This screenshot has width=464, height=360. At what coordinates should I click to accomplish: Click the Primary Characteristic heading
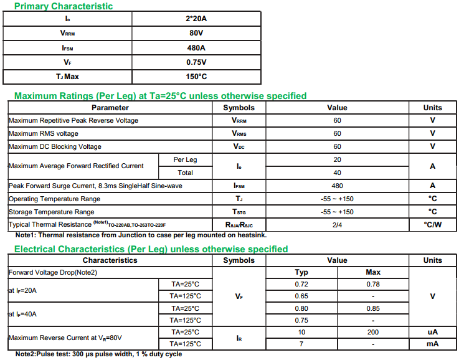pos(64,6)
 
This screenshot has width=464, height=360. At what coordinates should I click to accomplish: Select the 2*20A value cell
pos(196,19)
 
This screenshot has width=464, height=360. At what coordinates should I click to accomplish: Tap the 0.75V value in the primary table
pos(196,62)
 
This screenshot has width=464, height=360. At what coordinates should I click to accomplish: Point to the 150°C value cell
pos(196,77)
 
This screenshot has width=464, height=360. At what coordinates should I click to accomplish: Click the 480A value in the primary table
pos(196,48)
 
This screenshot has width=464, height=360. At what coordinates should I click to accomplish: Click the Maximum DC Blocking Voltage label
pos(55,146)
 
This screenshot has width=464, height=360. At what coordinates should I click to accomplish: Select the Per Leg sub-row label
pos(186,160)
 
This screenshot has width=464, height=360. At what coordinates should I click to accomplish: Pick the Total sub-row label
pos(186,173)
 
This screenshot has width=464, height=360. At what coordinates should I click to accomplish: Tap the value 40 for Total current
pos(337,173)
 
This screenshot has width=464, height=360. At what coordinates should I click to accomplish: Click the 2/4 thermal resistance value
pos(337,224)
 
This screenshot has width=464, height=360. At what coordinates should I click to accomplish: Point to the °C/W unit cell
pos(432,224)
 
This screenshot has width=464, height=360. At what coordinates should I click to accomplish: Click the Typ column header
pos(301,272)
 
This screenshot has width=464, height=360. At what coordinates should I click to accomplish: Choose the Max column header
pos(373,272)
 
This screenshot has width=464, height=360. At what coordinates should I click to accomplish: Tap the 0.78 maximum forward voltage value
pos(373,284)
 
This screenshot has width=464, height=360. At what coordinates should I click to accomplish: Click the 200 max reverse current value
pos(373,332)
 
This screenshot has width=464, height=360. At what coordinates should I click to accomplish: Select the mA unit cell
pos(432,344)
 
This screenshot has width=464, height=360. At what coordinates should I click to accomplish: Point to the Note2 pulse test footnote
pos(99,354)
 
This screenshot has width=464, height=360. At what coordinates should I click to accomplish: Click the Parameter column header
pos(110,108)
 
